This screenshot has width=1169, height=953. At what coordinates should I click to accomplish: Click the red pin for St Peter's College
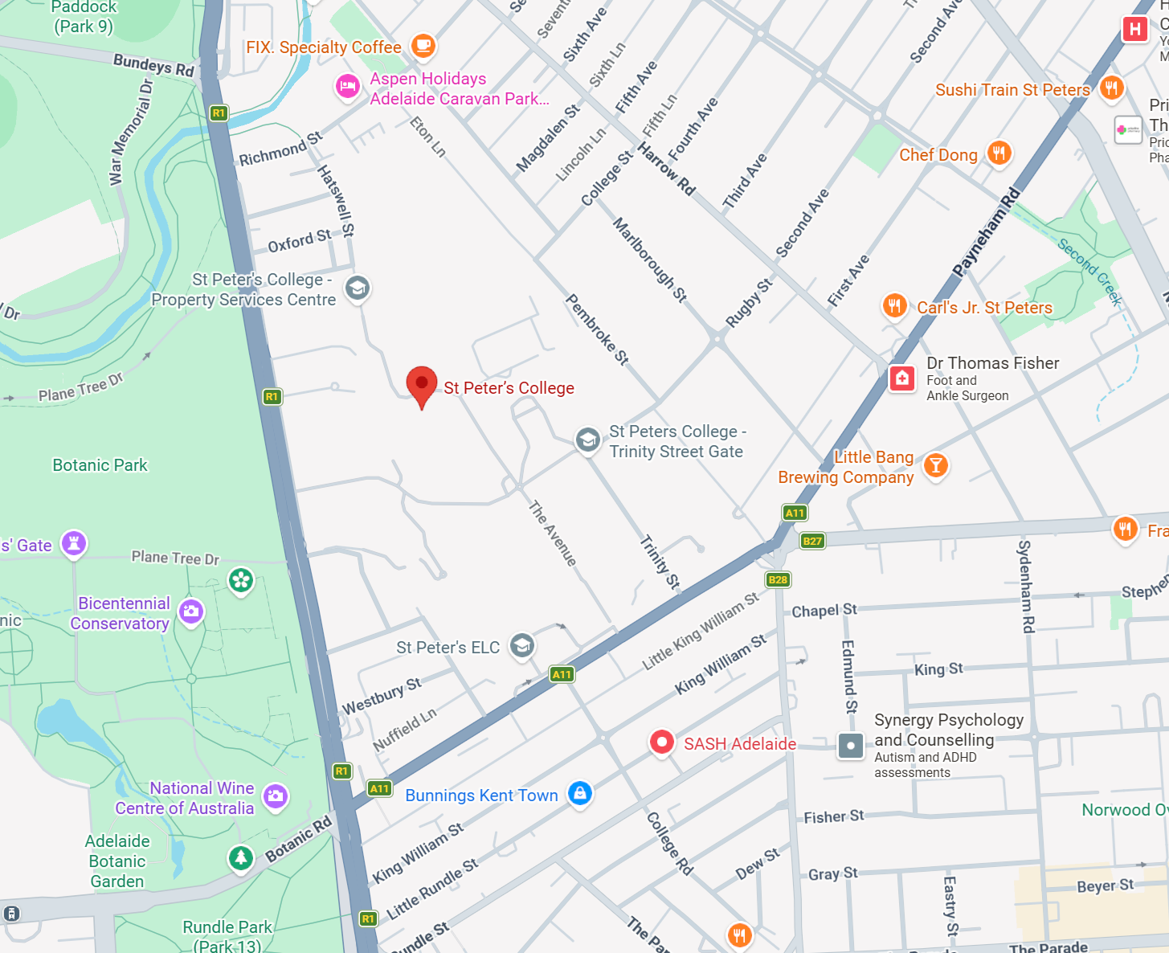pos(422,384)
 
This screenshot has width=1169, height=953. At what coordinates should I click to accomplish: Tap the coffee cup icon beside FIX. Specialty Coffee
pos(423,46)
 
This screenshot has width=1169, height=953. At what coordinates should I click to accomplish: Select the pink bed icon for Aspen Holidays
pos(348,86)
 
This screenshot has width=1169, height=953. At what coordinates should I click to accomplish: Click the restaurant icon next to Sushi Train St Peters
pos(1111,88)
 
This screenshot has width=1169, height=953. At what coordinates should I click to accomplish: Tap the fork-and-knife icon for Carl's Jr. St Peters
pos(894,305)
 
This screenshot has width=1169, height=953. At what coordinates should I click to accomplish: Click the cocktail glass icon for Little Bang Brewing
pos(935,465)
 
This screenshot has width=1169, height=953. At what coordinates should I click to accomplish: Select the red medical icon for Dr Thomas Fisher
pos(901,378)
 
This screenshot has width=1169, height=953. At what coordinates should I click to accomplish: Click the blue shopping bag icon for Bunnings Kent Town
pos(579,793)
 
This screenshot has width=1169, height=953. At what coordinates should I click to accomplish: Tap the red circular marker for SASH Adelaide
pos(661,742)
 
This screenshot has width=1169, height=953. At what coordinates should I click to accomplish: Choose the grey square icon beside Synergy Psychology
pos(850,745)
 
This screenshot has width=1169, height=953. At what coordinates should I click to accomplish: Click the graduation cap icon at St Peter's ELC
pos(522,645)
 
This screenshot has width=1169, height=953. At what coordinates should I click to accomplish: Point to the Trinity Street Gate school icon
pos(587,440)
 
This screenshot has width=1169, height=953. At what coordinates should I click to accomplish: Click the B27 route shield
pos(812,541)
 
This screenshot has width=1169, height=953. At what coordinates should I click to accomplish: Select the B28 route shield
pos(778,579)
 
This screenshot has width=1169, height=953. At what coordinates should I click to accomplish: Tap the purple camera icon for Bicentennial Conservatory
pos(191,611)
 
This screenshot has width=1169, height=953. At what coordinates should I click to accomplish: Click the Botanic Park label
pos(100,465)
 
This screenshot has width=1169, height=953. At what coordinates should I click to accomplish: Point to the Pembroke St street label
pos(597,329)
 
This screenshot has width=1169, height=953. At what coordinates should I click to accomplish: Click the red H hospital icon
pos(1134,30)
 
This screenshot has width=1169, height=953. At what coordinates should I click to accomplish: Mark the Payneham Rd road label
pos(987,231)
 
